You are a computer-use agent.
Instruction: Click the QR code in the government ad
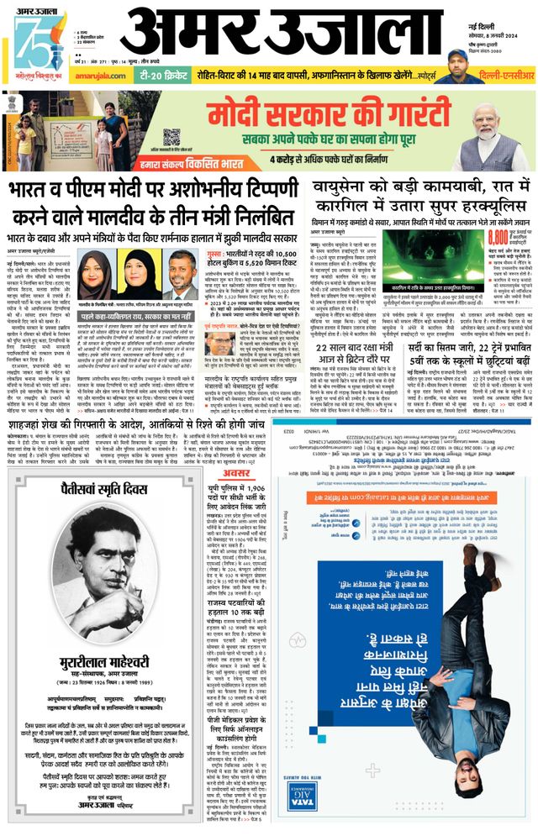click(171, 136)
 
